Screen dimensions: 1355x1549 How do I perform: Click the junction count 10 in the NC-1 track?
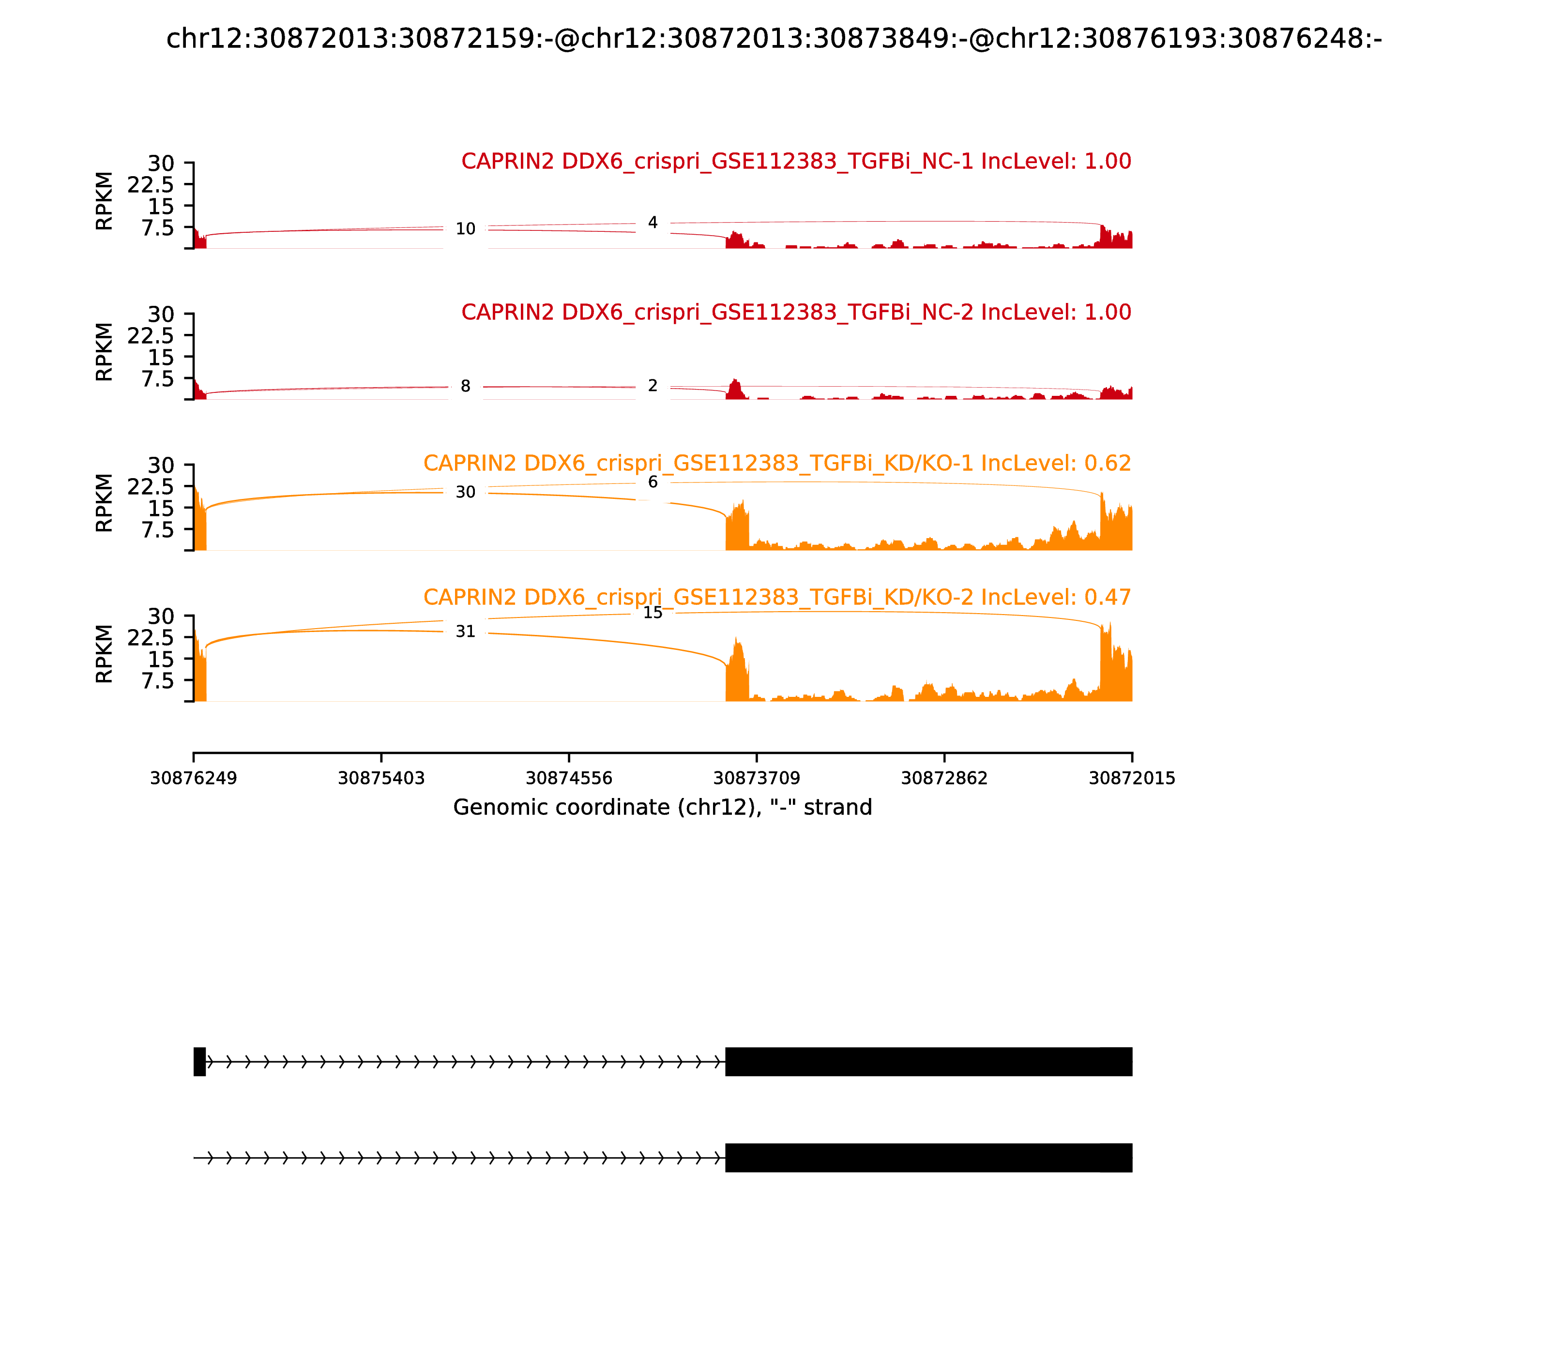(x=465, y=229)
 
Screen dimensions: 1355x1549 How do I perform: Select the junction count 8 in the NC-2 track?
(x=465, y=386)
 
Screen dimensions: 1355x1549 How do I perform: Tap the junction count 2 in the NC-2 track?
(x=653, y=386)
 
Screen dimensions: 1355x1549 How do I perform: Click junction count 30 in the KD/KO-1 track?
(x=465, y=492)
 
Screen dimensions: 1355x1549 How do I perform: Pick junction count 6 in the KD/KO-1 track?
(x=653, y=482)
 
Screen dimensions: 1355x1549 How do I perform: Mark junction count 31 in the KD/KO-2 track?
(x=465, y=632)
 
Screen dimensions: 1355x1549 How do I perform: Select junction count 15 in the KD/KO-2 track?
(x=653, y=613)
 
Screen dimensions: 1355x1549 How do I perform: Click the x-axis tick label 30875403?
(x=381, y=779)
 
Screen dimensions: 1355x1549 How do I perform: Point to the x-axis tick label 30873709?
(x=756, y=779)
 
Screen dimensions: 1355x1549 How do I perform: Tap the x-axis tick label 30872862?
(x=944, y=779)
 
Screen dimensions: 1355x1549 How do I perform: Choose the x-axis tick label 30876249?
(x=194, y=779)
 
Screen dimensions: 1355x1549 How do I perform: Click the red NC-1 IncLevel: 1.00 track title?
(x=796, y=161)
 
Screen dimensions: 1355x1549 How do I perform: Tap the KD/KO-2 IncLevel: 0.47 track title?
(x=777, y=597)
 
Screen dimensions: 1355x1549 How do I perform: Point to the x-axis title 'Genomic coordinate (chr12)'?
(x=663, y=808)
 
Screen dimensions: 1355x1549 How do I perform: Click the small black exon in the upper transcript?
(x=199, y=1062)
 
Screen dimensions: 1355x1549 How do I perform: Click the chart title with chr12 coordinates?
(x=774, y=39)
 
